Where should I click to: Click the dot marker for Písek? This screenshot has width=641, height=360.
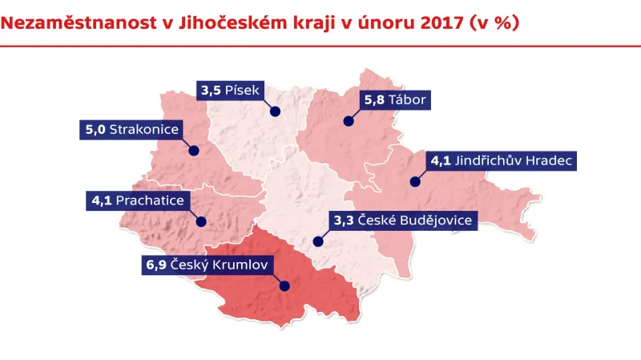coord(273,111)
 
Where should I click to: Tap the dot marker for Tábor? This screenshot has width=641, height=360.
coord(349,121)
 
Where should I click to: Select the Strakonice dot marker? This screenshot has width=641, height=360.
coord(193,149)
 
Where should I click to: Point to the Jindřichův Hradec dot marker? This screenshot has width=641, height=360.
coord(414,181)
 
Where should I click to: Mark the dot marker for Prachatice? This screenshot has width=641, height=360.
coord(200,221)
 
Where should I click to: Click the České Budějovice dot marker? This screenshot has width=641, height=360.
coord(318,240)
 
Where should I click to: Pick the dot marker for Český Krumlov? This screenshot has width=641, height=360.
coord(284,285)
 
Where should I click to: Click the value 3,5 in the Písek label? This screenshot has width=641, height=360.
coord(212,91)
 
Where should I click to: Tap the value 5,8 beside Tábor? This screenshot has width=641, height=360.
coord(374,100)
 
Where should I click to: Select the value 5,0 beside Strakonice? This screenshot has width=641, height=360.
coord(95,128)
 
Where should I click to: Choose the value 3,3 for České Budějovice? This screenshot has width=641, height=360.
coord(343,219)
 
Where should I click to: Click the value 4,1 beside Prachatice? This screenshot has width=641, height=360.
coord(102,200)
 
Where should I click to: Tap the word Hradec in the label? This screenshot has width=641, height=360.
coord(550,160)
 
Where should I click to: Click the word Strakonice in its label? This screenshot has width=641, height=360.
coord(144,128)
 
